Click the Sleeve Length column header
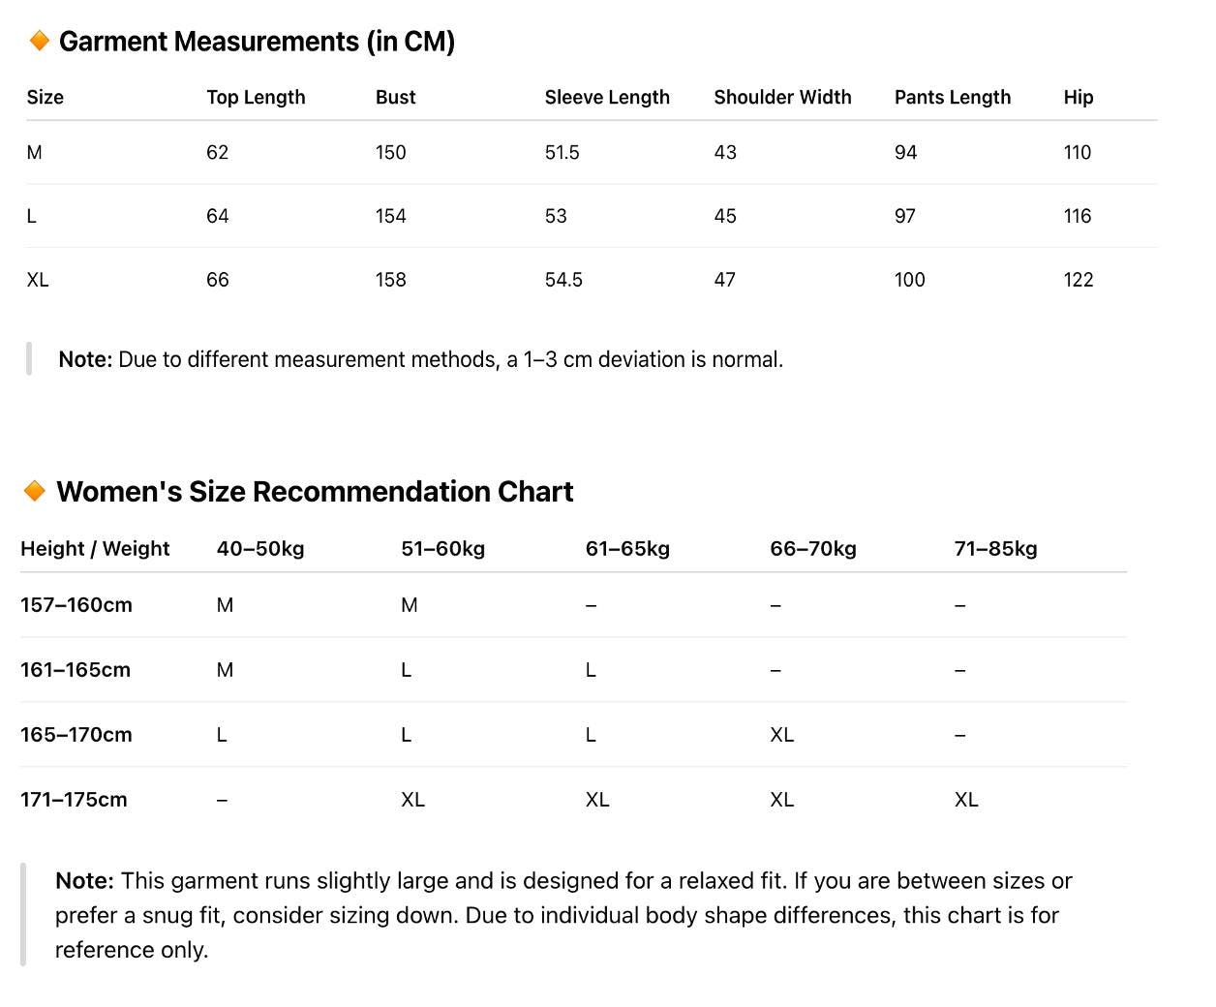pos(607,97)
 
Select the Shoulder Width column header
pos(782,97)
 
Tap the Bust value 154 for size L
pos(390,216)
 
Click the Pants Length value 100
pos(909,280)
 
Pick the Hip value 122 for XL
pos(1078,280)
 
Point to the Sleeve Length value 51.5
pos(562,152)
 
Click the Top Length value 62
pos(217,152)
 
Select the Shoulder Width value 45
pos(724,216)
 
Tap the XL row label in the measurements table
pos(38,280)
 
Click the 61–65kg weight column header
pos(627,549)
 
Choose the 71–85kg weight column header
pos(995,549)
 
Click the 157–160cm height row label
pos(76,605)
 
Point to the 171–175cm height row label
pos(74,800)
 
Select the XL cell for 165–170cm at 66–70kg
pos(781,735)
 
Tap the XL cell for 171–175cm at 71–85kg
pos(966,800)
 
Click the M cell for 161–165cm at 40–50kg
pos(225,670)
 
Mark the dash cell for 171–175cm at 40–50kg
pos(222,800)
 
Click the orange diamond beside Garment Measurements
pos(40,41)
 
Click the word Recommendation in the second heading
pos(371,492)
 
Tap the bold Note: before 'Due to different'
pos(85,359)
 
